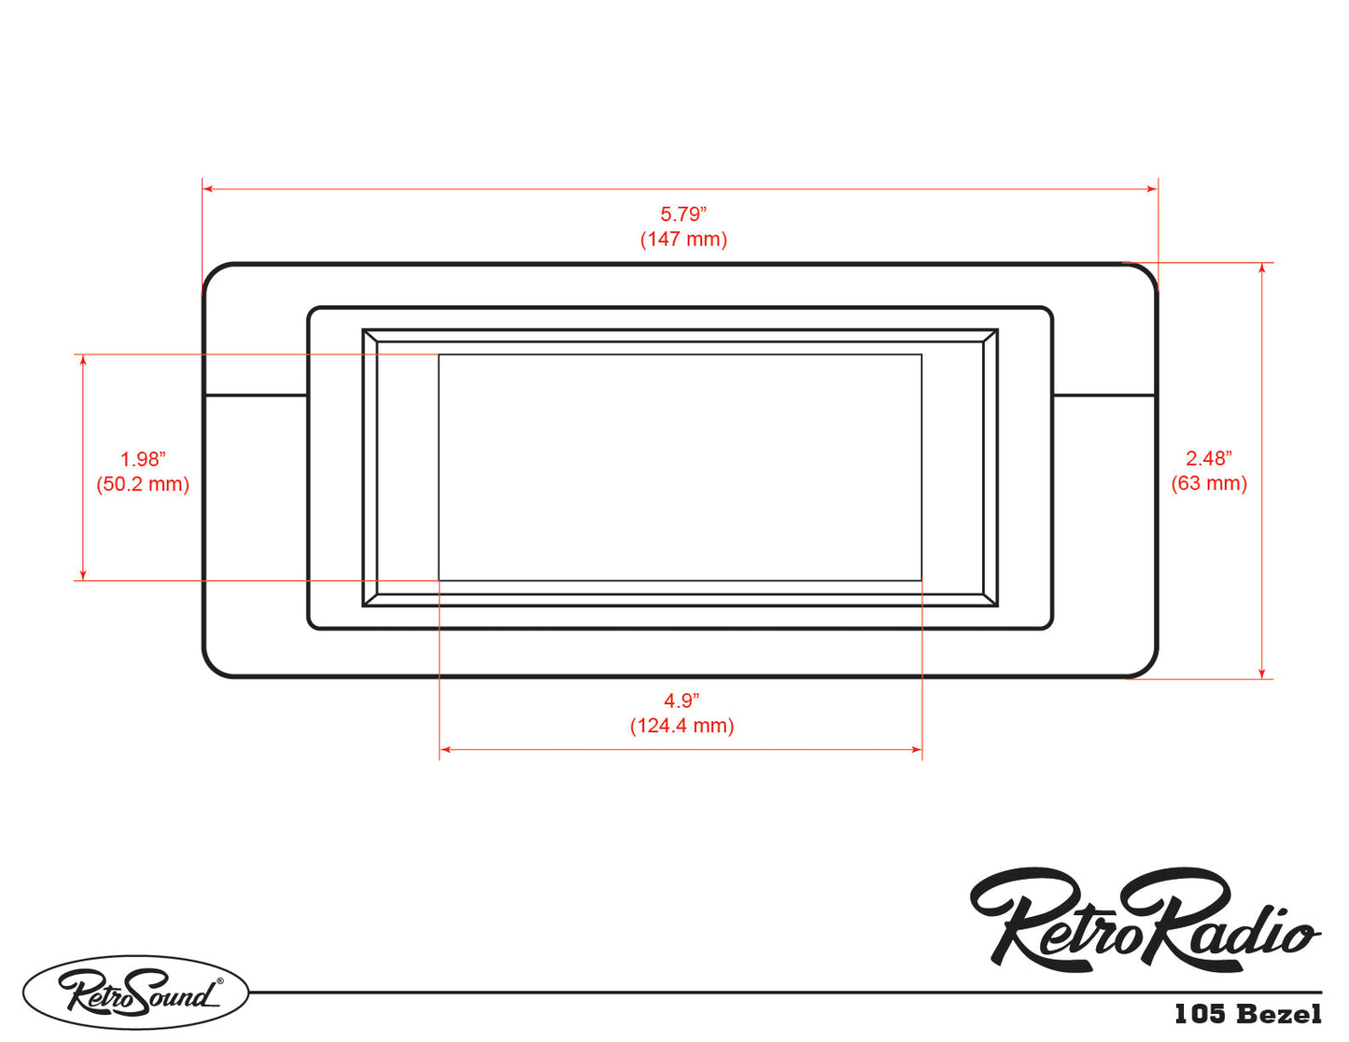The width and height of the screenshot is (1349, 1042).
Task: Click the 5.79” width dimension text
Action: coord(683,214)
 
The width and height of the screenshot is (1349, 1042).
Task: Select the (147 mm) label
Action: coord(683,239)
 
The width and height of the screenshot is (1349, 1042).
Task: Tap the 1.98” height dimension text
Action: coord(143,459)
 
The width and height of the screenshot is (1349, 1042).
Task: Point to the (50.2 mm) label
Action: coord(143,484)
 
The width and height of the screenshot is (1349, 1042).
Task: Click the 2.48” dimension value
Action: coord(1209,458)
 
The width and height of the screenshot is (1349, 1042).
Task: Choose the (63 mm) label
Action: coord(1209,482)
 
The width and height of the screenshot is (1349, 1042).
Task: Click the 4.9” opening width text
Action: coord(682,701)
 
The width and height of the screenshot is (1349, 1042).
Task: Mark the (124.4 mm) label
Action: coord(682,725)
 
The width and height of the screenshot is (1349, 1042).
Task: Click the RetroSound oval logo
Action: coord(136,993)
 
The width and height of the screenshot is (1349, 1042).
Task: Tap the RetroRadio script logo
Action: coord(1145,919)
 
